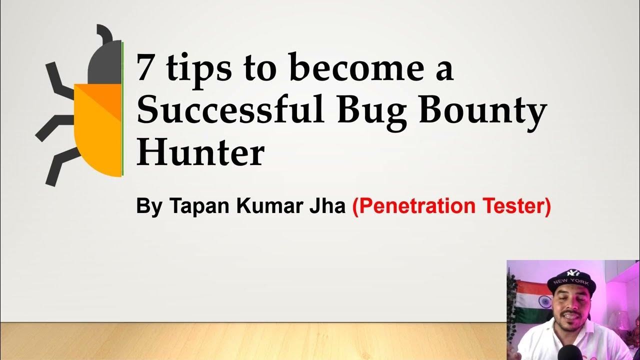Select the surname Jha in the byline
click(326, 206)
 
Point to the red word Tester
click(517, 206)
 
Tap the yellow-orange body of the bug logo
click(99, 135)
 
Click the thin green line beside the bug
click(123, 110)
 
